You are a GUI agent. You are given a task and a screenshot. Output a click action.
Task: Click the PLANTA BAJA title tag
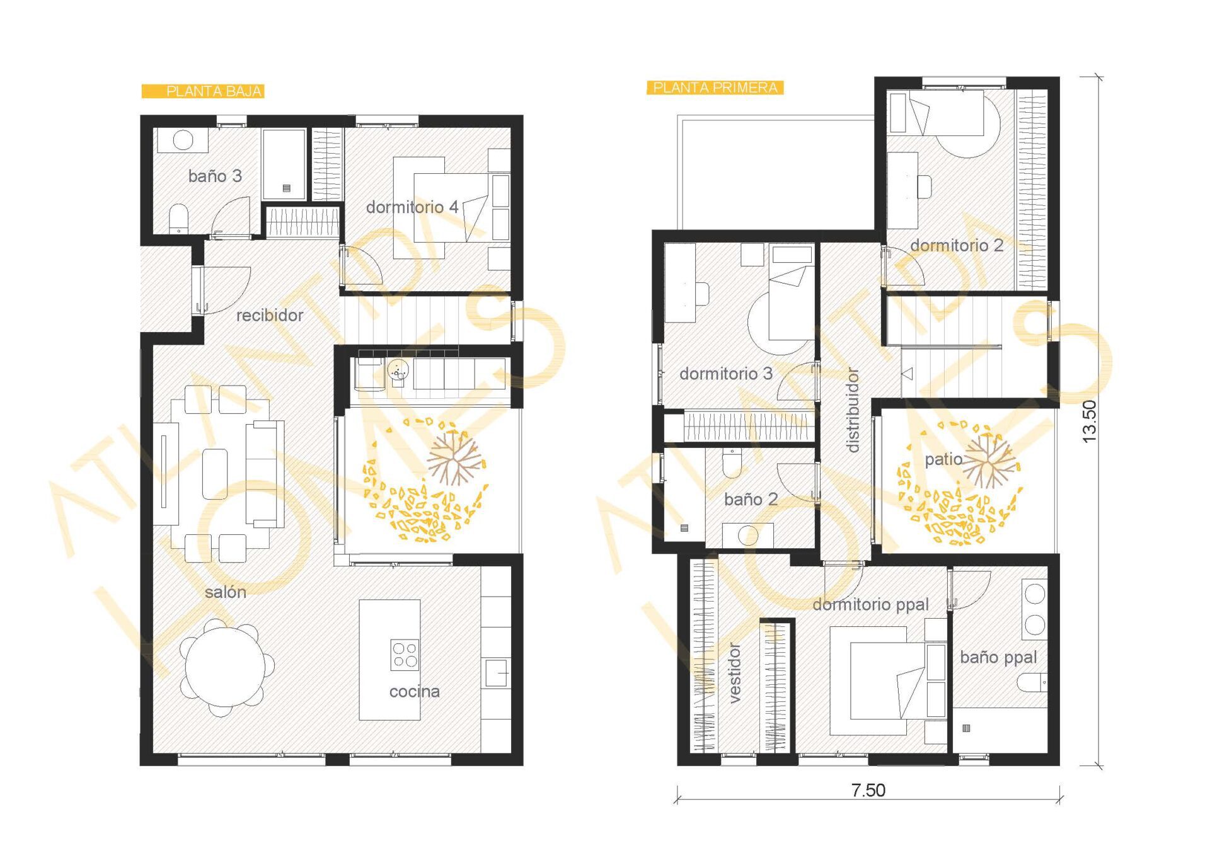202,91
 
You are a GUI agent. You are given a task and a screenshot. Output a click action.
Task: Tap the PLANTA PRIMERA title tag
715,88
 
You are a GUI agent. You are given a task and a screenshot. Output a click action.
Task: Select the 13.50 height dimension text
1089,422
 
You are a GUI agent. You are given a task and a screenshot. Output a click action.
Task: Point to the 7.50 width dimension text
868,790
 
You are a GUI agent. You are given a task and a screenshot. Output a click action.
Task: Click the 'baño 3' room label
215,176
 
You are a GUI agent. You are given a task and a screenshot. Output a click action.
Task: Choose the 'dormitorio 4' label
412,207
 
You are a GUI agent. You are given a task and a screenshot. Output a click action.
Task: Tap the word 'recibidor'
270,315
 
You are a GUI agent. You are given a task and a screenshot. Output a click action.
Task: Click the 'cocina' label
414,691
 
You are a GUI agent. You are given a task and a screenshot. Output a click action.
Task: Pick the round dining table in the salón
226,667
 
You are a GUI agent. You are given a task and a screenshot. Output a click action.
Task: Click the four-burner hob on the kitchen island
405,655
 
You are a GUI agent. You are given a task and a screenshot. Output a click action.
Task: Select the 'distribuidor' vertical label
852,410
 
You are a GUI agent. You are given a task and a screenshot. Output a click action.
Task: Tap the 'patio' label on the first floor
943,459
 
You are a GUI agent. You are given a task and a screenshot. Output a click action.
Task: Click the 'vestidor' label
734,673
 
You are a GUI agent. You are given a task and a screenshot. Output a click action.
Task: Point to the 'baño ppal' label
998,657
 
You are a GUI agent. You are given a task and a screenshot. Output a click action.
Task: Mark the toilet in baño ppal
1032,682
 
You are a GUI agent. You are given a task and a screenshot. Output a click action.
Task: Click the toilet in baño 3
179,217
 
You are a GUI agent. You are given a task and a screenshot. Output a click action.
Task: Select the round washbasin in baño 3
183,140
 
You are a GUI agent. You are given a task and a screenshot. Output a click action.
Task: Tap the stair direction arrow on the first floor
907,374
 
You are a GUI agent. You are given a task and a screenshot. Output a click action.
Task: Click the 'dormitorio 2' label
957,245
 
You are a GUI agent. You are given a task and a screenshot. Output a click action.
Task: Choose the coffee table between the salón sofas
215,474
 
